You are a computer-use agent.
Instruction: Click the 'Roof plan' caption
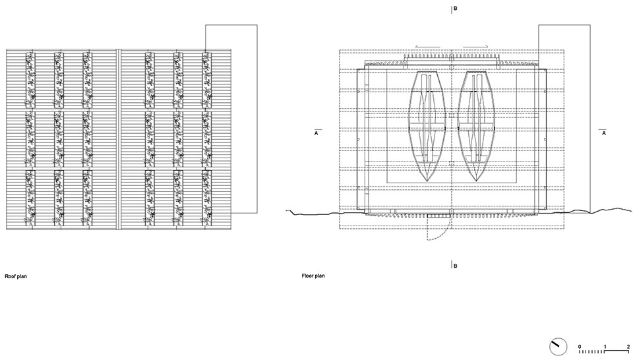16,277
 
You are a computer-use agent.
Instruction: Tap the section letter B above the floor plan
456,9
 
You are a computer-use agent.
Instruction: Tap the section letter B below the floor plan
456,265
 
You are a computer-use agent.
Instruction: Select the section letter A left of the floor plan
316,133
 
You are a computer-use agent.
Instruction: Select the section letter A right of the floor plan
603,133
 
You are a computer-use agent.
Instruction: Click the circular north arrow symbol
558,345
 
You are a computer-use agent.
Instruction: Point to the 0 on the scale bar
580,346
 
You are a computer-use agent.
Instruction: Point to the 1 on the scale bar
605,346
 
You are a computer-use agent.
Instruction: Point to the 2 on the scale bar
628,346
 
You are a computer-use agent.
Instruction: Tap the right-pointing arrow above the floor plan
475,47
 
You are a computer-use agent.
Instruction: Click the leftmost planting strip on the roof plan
30,138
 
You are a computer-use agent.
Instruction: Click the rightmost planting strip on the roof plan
206,138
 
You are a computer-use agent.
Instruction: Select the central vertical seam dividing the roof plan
119,138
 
